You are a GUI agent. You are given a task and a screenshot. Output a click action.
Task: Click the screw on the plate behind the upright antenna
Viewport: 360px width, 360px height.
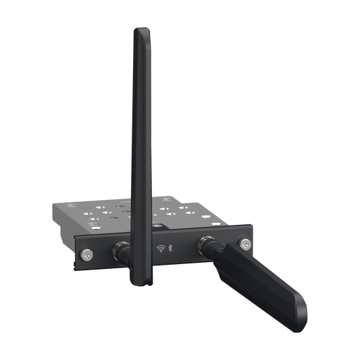point(157,224)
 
